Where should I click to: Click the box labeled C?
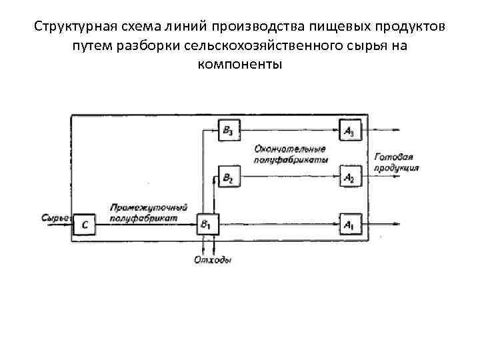click(84, 225)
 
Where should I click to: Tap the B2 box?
click(229, 177)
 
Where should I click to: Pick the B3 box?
click(229, 131)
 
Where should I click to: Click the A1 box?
click(349, 225)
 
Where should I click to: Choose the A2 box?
click(349, 177)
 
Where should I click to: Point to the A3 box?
click(349, 131)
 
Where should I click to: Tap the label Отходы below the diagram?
click(212, 260)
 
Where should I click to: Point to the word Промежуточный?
click(149, 207)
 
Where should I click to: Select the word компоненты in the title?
click(240, 65)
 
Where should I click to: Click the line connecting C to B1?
click(147, 225)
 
